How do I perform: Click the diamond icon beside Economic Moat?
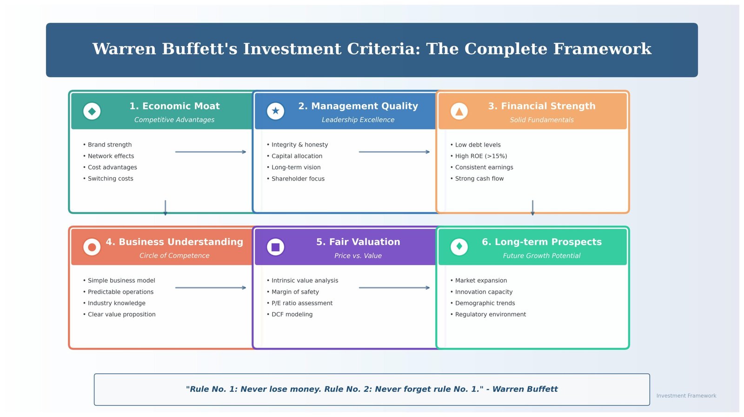pos(92,111)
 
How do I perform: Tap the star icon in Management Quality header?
pos(275,111)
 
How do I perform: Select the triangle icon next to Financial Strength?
pos(459,111)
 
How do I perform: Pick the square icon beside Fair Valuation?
pos(275,247)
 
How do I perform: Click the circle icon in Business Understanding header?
pos(92,247)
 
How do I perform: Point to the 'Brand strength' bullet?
pos(109,145)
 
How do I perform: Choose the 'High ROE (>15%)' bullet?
pos(481,156)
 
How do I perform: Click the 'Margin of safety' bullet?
pos(295,292)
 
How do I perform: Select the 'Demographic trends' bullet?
pos(485,303)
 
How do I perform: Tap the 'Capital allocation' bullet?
pos(297,156)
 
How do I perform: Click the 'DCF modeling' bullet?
pos(292,315)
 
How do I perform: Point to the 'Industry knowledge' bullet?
pos(116,303)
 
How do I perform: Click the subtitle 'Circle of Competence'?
pos(174,256)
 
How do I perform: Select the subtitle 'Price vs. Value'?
pos(358,256)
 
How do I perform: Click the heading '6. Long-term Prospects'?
pos(542,242)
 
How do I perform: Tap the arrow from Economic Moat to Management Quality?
pos(211,152)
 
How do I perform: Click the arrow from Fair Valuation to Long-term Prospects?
pos(394,288)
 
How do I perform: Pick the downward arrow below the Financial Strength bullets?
pos(532,208)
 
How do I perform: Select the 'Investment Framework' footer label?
pos(686,396)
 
